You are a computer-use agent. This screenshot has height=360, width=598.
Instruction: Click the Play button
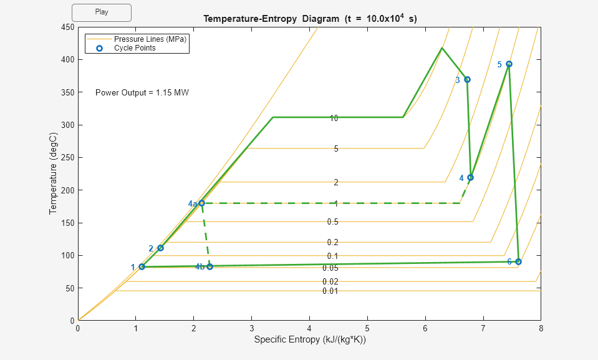(102, 12)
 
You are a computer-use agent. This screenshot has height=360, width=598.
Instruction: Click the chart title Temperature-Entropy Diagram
(310, 19)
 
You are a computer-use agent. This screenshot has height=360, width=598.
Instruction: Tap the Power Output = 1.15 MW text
(142, 93)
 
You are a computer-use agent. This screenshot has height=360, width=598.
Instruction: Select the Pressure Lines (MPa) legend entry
(150, 39)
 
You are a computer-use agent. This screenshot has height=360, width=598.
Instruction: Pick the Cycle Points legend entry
(135, 48)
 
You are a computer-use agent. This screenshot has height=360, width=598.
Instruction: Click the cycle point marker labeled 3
(467, 79)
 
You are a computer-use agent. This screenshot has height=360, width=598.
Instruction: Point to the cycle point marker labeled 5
(509, 64)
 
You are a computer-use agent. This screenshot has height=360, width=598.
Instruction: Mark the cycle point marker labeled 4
(470, 177)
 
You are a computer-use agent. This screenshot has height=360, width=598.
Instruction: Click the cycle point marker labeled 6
(518, 261)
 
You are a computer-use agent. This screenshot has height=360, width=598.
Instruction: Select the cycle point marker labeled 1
(142, 267)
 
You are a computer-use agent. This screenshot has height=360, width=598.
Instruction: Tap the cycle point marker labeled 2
(160, 248)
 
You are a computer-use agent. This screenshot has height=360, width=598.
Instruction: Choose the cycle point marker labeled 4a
(201, 203)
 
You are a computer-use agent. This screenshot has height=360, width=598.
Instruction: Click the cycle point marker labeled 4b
(210, 266)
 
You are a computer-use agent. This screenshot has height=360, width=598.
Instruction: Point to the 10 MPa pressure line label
(334, 118)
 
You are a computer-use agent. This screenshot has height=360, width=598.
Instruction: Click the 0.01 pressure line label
(330, 291)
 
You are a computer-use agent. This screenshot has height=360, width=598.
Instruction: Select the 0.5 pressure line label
(332, 222)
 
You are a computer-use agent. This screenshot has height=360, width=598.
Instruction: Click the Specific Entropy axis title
(309, 340)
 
